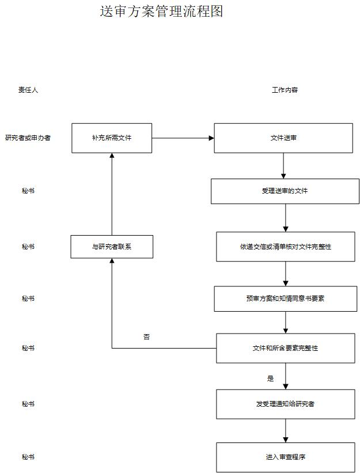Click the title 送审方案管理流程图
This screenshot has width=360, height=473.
click(x=161, y=12)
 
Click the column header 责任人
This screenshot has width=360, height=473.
click(x=28, y=90)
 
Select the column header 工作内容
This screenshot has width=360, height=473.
click(x=285, y=90)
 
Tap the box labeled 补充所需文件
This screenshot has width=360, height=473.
click(x=112, y=138)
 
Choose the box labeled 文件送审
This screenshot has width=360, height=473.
click(x=283, y=138)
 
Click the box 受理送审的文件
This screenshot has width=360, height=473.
click(x=285, y=191)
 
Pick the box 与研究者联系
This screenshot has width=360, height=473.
click(x=112, y=247)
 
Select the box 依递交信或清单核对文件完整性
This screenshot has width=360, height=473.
click(x=286, y=247)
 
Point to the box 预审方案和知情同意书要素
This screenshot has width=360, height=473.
click(x=286, y=298)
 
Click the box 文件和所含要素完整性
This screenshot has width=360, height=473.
click(x=286, y=348)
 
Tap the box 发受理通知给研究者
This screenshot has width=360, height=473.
click(x=286, y=404)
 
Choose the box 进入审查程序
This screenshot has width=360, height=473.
click(x=286, y=457)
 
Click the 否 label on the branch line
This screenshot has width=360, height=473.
click(x=146, y=337)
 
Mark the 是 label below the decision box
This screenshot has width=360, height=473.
click(x=271, y=379)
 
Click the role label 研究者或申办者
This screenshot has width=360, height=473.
click(x=28, y=138)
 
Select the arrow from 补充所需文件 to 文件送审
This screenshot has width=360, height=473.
click(x=183, y=138)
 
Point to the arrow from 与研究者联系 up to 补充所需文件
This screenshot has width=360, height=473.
click(x=112, y=194)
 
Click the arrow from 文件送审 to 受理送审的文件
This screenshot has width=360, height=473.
click(x=283, y=166)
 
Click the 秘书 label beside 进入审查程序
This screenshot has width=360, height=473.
click(x=28, y=457)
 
